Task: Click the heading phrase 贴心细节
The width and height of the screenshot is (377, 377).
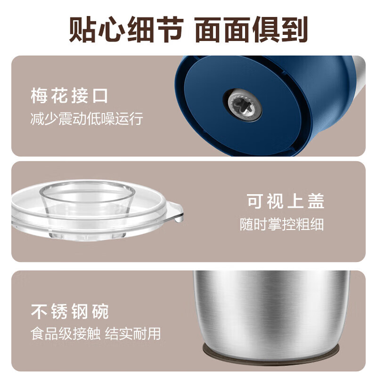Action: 126,29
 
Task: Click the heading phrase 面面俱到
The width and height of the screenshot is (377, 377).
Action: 251,29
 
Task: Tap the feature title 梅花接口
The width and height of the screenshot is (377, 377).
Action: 69,96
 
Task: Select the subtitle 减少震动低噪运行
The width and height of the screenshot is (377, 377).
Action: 86,119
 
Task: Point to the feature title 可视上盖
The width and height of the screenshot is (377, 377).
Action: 286,201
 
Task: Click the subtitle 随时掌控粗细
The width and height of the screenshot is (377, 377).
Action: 282,224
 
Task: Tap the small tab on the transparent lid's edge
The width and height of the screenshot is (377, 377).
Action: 176,213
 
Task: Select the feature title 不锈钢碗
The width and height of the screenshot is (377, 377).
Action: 70,311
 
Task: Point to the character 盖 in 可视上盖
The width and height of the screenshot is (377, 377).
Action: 316,201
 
